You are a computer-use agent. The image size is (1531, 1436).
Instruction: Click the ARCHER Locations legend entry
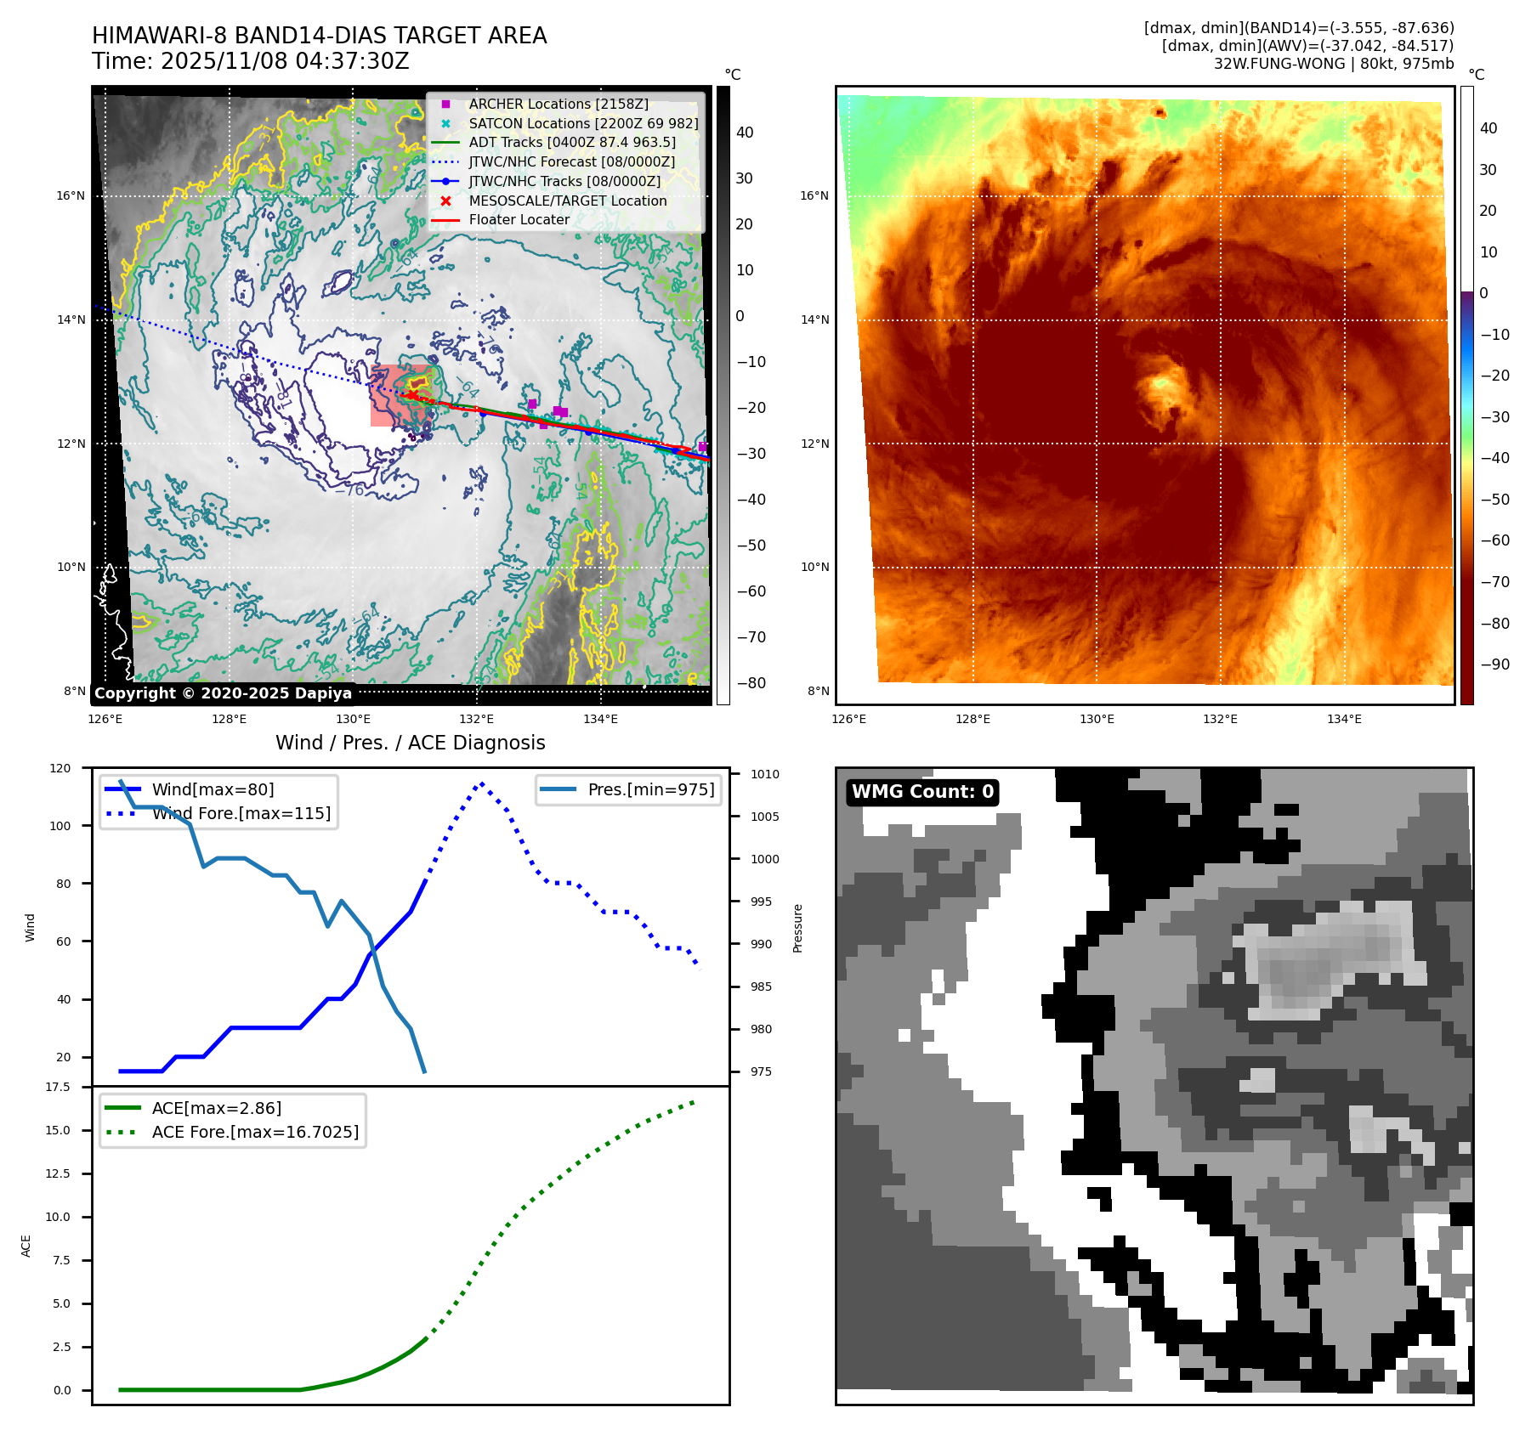coord(558,104)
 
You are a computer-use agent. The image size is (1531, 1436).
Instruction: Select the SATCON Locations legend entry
coord(582,123)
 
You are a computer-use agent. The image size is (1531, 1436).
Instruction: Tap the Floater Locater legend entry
coord(519,219)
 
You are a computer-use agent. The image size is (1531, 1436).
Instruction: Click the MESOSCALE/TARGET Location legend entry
coord(567,201)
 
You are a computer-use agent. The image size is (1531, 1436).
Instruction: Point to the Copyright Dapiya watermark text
coord(223,693)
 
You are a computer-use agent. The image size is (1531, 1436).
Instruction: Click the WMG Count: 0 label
coord(922,792)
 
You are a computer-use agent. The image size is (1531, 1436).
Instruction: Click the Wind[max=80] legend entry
coord(213,789)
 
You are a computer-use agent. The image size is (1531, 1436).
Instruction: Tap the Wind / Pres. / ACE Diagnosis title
coord(410,743)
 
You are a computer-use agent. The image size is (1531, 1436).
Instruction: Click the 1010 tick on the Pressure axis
coord(764,774)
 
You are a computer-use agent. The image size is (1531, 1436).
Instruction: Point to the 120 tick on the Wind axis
coord(60,768)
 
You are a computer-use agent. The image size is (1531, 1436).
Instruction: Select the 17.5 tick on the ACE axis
coord(58,1087)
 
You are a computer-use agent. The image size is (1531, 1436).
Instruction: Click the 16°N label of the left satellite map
coord(71,195)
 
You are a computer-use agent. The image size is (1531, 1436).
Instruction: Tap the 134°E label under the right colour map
coord(1344,720)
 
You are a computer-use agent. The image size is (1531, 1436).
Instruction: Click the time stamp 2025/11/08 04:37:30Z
coord(285,61)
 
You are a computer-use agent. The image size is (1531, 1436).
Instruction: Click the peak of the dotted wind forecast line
coord(482,783)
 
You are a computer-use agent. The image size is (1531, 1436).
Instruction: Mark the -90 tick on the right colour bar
coord(1494,664)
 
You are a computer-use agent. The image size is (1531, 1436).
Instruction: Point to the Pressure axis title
coord(797,928)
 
